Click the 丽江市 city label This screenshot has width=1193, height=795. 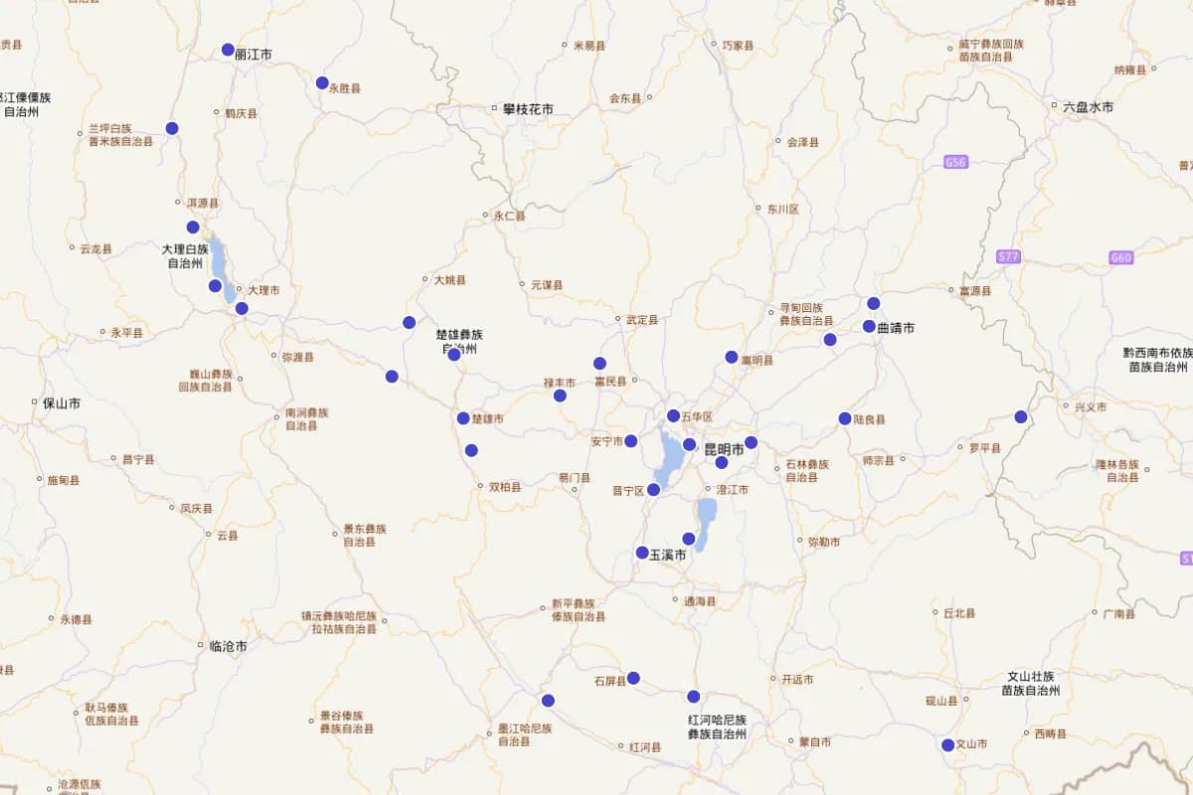coord(254,55)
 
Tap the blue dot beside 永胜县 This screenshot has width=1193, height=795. coord(322,83)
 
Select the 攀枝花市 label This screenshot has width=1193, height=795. coord(528,108)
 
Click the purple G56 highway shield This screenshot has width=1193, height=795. coord(956,162)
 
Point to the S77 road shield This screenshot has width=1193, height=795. coord(1008,256)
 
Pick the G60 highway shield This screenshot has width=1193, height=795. coord(1121,257)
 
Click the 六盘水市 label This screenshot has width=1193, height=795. coord(1088,106)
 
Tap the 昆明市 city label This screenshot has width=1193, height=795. coord(724,450)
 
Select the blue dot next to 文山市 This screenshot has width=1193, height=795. coord(948,744)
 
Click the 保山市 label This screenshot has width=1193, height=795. coord(62,403)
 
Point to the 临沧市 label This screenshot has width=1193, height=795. coord(229,646)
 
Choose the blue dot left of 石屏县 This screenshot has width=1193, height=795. coord(633,679)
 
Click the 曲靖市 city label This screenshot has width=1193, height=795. coord(896,327)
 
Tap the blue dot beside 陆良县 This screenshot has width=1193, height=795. coord(845,418)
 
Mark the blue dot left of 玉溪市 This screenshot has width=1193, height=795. coord(642,553)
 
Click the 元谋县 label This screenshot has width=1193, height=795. coord(547,285)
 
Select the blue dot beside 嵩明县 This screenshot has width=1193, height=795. coord(732,357)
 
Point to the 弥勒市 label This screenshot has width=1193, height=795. coord(824,542)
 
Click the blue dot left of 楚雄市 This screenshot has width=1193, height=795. coord(463,418)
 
